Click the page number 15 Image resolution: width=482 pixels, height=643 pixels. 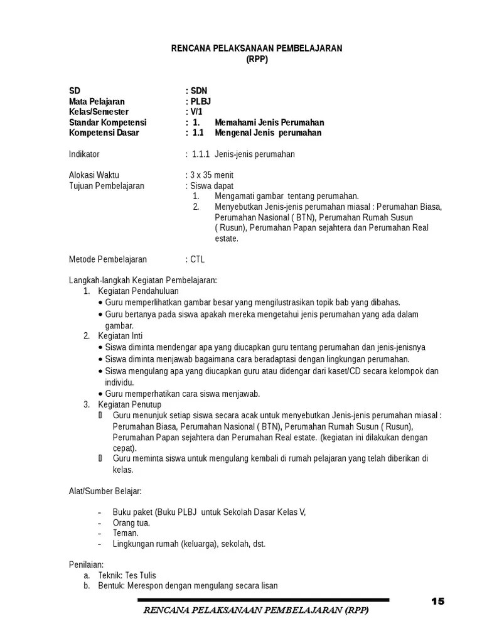pyautogui.click(x=437, y=601)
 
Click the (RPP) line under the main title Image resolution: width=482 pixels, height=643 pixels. pyautogui.click(x=257, y=60)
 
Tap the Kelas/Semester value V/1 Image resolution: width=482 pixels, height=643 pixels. pyautogui.click(x=196, y=112)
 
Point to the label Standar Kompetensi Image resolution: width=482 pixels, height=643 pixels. pyautogui.click(x=107, y=122)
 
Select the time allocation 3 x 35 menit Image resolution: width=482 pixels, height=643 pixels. pyautogui.click(x=212, y=175)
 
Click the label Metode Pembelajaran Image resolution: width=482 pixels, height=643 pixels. pyautogui.click(x=107, y=259)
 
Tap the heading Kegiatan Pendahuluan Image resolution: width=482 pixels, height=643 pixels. pyautogui.click(x=138, y=291)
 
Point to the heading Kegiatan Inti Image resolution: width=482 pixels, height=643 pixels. pyautogui.click(x=120, y=336)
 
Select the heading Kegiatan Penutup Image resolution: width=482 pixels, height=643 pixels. pyautogui.click(x=129, y=404)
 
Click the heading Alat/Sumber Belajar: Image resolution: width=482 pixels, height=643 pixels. pyautogui.click(x=105, y=489)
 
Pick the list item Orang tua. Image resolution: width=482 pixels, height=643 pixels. pyautogui.click(x=131, y=522)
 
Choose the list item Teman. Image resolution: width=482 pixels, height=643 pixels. pyautogui.click(x=126, y=533)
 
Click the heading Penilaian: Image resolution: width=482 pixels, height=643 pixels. pyautogui.click(x=86, y=565)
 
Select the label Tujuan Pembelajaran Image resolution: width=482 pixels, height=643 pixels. pyautogui.click(x=106, y=186)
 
